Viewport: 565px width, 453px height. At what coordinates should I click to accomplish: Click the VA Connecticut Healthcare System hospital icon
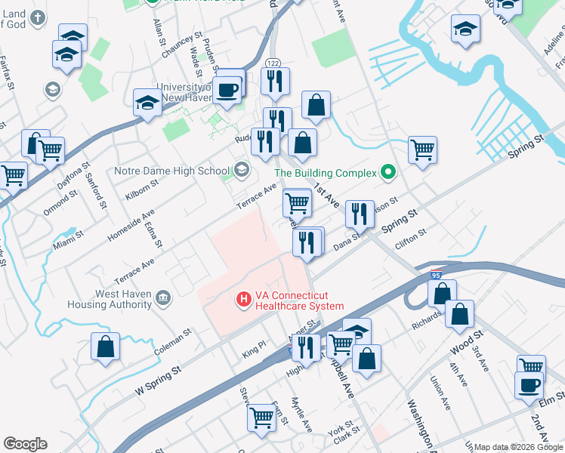(x=244, y=300)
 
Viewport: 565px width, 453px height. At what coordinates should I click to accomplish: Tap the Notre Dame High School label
(x=171, y=171)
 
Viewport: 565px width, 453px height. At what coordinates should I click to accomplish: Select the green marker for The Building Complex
(x=388, y=173)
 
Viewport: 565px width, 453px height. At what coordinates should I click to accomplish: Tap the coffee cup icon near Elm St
(x=529, y=384)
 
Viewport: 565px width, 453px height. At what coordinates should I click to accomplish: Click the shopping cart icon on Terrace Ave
(x=297, y=202)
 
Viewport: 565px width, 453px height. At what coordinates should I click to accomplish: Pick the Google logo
(x=25, y=444)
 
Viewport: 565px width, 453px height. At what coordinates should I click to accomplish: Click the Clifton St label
(x=411, y=241)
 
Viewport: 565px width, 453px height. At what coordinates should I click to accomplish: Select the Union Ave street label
(x=442, y=393)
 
